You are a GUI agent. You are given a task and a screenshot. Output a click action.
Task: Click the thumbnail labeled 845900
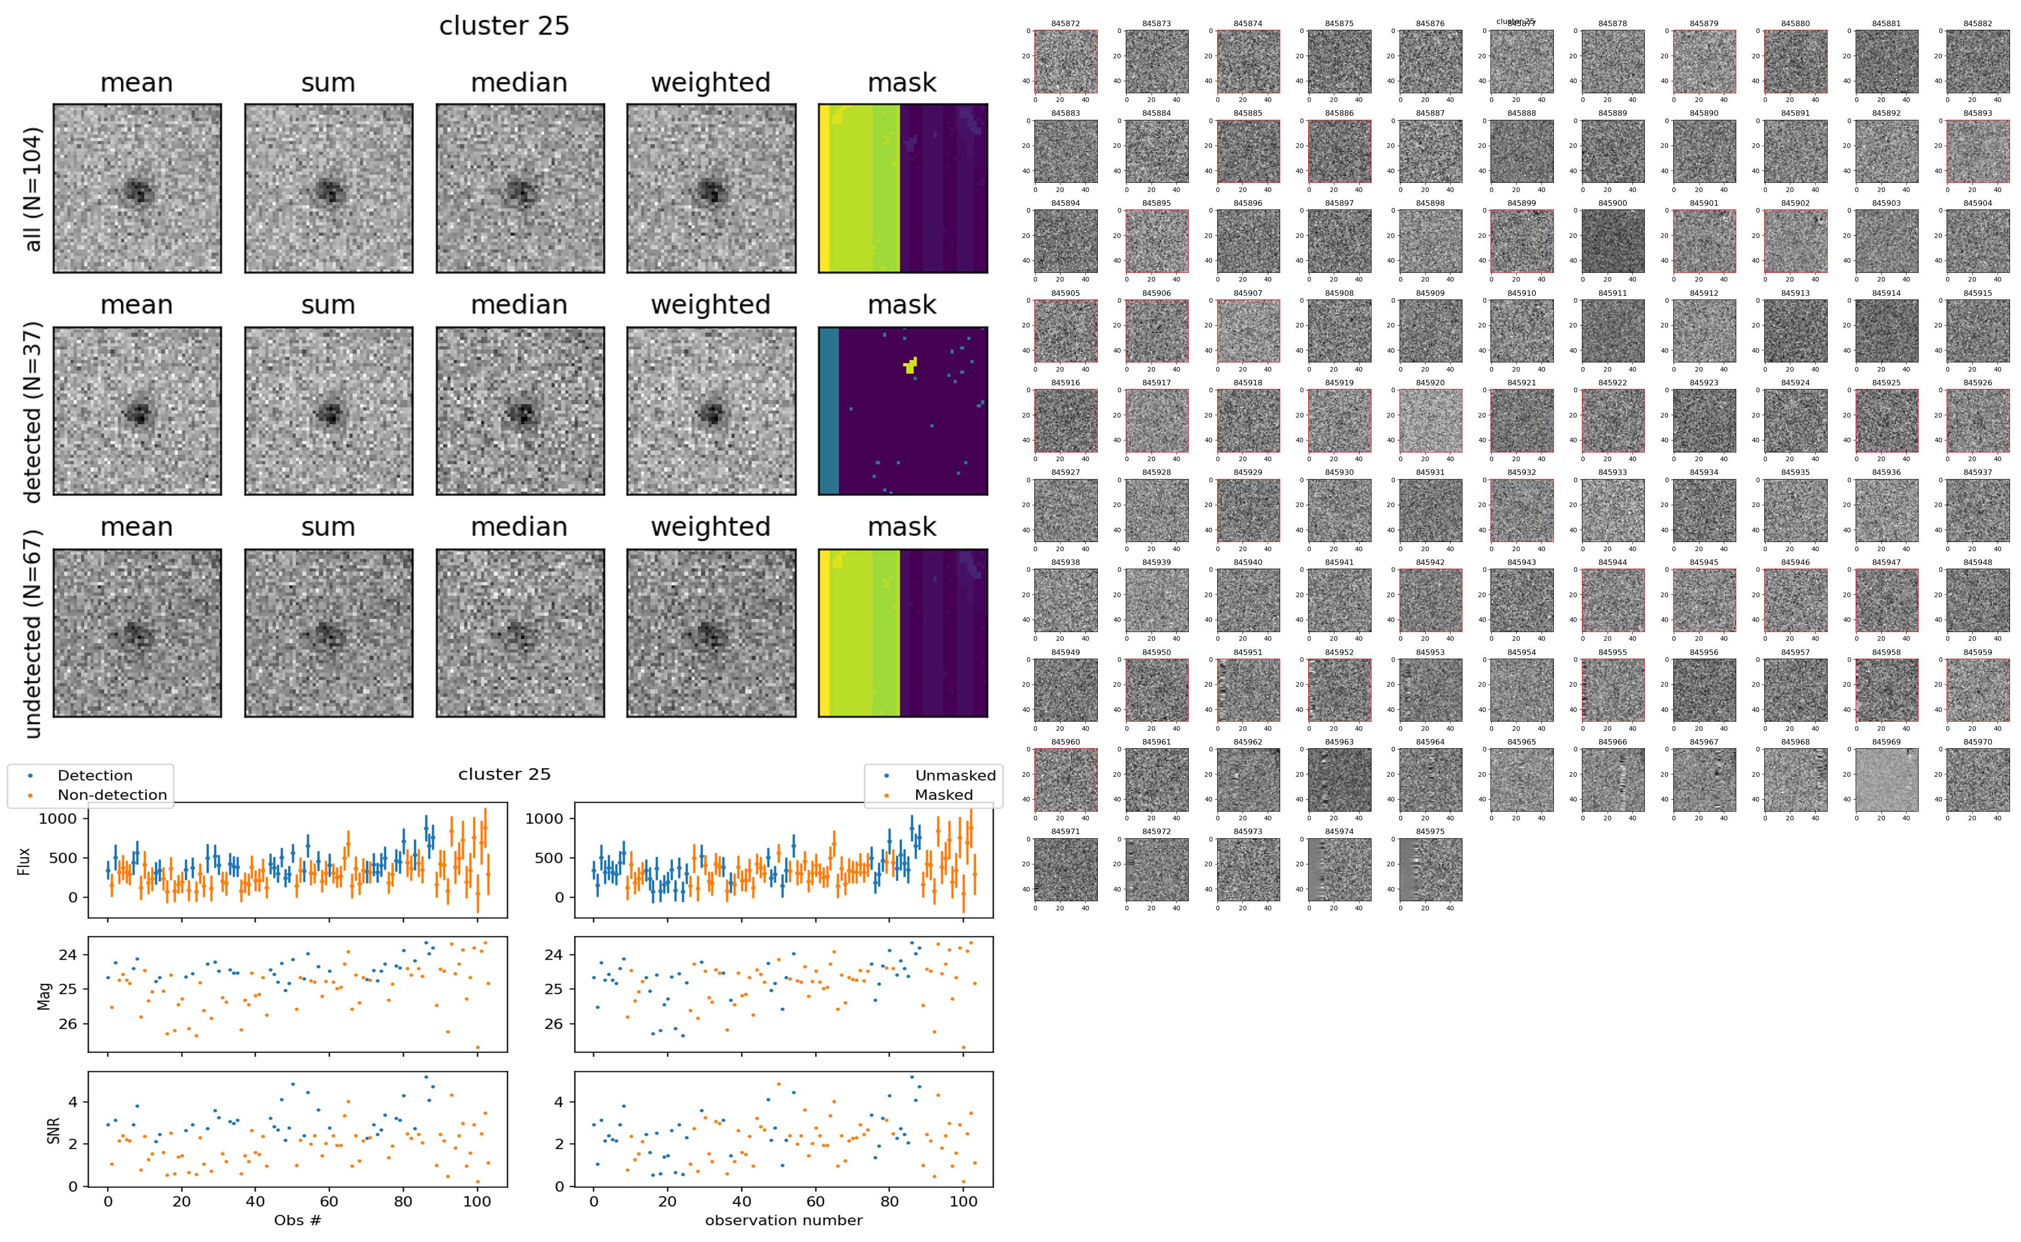1612,241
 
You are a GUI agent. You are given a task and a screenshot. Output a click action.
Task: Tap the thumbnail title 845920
1430,383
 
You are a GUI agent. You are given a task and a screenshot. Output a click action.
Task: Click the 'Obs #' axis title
297,1220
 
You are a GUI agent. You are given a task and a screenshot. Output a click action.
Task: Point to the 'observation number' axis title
784,1220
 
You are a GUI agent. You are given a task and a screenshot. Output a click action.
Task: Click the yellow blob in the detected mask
910,365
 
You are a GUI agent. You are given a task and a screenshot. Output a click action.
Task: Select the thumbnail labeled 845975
1430,869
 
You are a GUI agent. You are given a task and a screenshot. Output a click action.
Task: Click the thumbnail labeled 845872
1065,62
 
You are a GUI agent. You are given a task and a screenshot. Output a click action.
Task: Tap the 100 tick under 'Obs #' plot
477,1201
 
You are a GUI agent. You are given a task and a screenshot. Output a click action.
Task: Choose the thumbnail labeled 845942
1430,600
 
